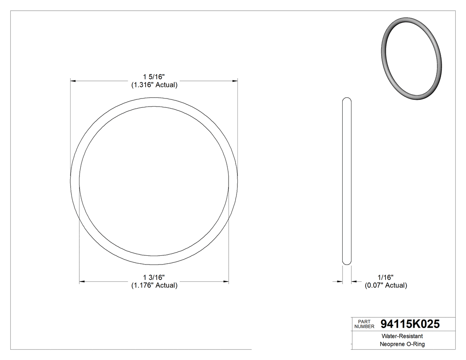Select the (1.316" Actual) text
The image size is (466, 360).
click(x=154, y=85)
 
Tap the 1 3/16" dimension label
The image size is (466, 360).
click(x=154, y=277)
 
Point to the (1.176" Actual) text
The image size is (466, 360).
click(x=154, y=285)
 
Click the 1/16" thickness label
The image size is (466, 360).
click(x=386, y=277)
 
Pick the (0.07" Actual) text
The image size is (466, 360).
click(x=386, y=285)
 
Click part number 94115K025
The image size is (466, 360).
click(x=410, y=324)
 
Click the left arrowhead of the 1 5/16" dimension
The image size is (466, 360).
click(x=74, y=81)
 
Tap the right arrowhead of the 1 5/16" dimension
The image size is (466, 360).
click(x=234, y=81)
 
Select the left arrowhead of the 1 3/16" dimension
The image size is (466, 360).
click(x=82, y=281)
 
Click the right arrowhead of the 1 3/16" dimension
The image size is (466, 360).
click(x=225, y=281)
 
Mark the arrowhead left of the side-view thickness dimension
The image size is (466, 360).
click(x=340, y=281)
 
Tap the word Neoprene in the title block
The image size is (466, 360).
click(x=392, y=344)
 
